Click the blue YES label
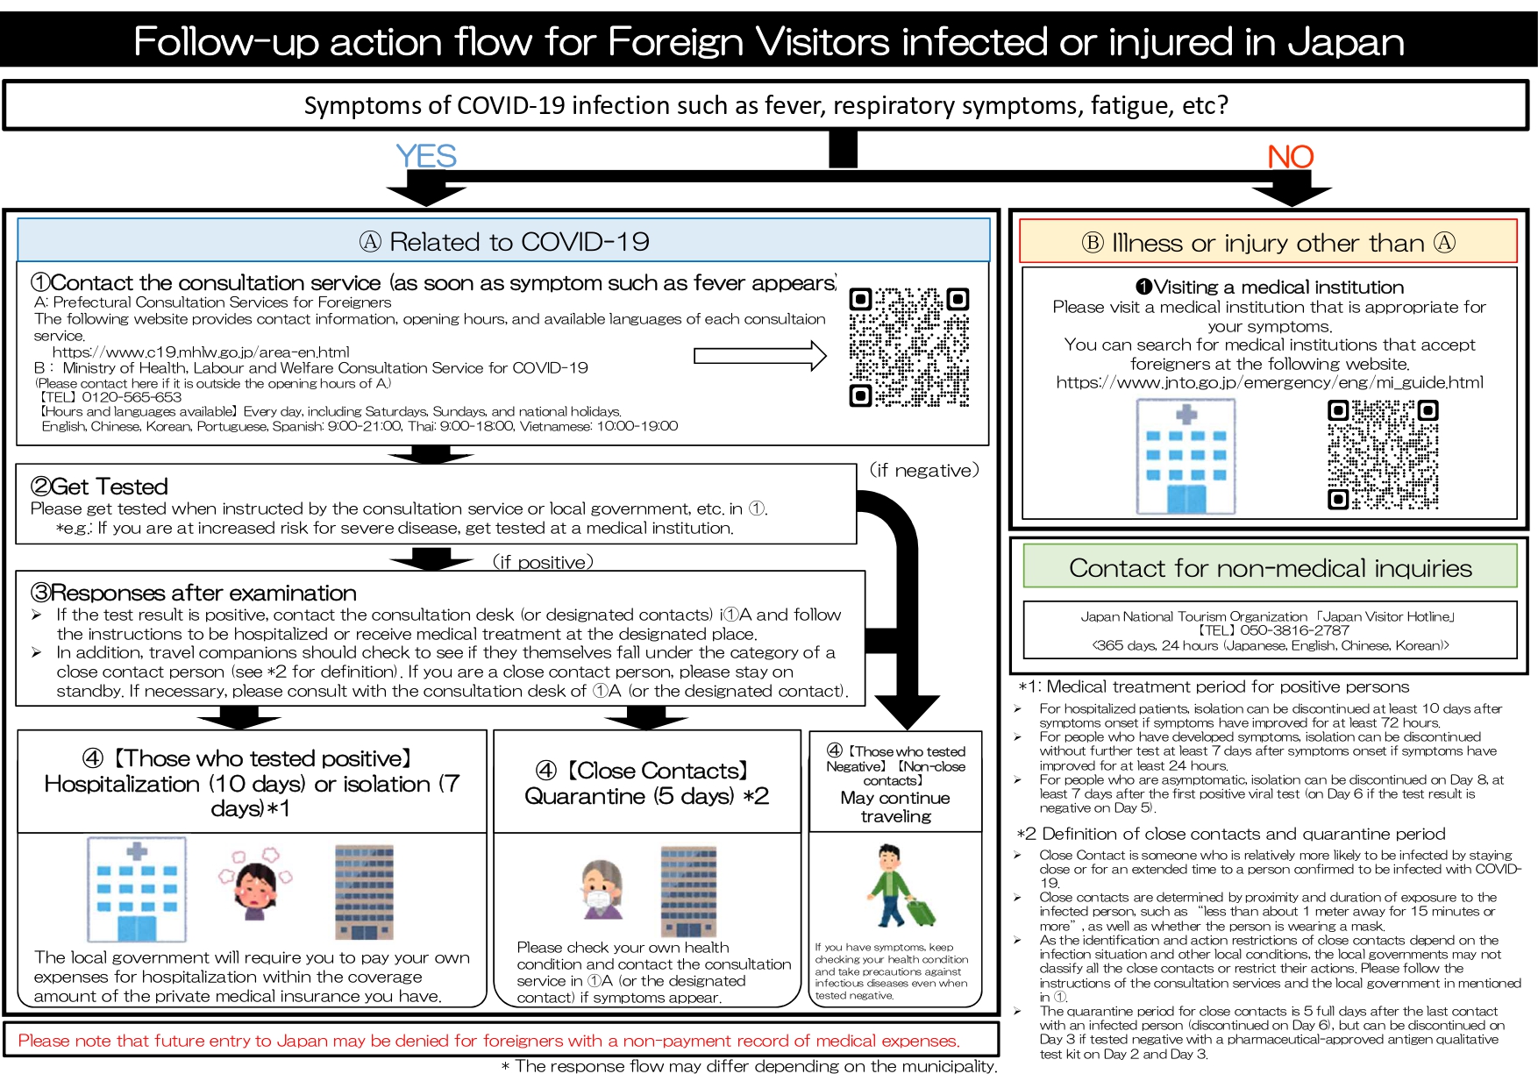(x=426, y=156)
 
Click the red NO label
(x=1290, y=157)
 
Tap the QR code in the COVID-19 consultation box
(x=909, y=347)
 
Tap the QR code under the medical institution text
(x=1383, y=454)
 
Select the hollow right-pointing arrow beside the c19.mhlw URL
(x=760, y=356)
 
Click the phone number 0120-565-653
(x=132, y=397)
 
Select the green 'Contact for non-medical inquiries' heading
(x=1271, y=568)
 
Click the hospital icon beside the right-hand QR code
(x=1186, y=456)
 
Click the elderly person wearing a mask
(x=602, y=888)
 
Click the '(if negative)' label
(x=924, y=471)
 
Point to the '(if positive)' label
(x=543, y=562)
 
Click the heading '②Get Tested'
(x=99, y=487)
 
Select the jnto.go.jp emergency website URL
(x=1270, y=382)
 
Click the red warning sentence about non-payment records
(x=488, y=1041)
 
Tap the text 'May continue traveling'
(x=895, y=807)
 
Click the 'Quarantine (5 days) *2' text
(x=646, y=796)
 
